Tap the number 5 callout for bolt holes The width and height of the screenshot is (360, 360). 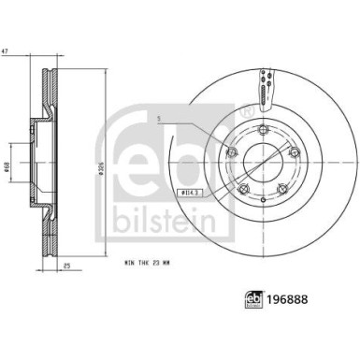coord(160,118)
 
